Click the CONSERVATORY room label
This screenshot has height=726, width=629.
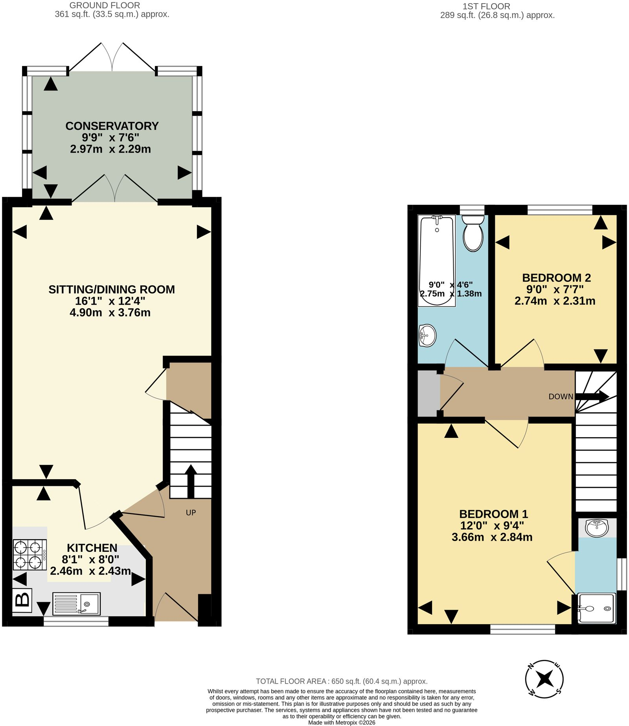pos(112,126)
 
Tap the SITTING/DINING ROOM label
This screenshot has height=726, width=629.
pos(112,289)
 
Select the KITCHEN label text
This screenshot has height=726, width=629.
pos(92,548)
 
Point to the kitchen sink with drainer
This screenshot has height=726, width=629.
pos(76,603)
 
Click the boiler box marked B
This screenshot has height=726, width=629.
pos(22,600)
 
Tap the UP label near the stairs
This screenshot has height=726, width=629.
pos(191,513)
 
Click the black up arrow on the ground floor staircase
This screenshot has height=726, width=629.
pos(191,482)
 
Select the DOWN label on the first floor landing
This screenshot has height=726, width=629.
pos(561,397)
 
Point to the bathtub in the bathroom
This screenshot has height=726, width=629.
pos(437,260)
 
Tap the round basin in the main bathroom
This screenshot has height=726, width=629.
pos(427,336)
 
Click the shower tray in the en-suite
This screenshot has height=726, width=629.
pos(596,608)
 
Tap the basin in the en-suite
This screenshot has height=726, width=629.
pos(596,527)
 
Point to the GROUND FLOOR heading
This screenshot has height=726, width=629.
pos(105,6)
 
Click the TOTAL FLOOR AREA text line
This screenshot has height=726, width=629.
pos(342,681)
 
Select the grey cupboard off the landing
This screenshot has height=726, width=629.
pos(429,394)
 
